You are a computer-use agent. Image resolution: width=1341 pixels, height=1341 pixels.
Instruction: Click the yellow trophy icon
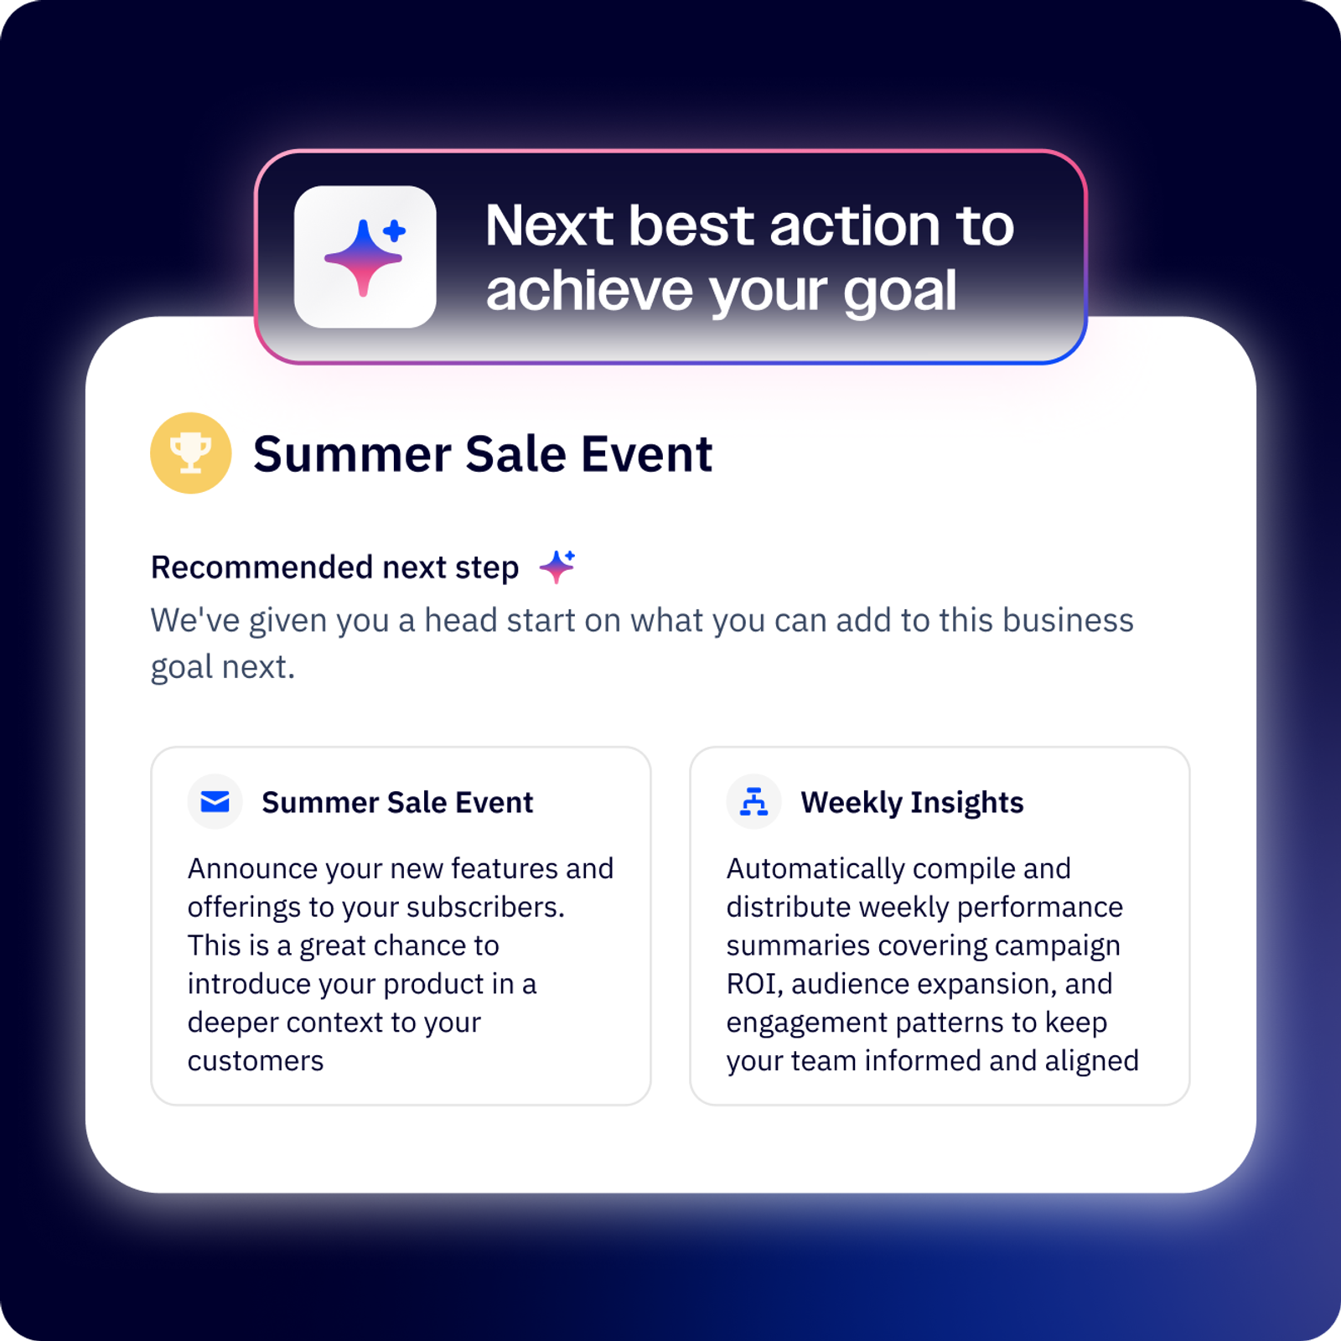(x=191, y=453)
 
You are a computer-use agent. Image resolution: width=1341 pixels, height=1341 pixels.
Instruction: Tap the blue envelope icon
(x=215, y=802)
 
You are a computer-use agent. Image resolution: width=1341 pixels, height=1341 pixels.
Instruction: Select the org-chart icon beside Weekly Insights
(x=753, y=802)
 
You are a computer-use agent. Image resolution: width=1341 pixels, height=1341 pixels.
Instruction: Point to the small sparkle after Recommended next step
(x=557, y=567)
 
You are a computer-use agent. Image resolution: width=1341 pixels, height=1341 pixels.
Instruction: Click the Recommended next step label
(x=334, y=567)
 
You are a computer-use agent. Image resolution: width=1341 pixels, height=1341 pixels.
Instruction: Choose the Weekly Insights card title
(x=912, y=802)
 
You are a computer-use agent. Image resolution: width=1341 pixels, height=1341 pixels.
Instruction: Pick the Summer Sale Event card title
(x=397, y=802)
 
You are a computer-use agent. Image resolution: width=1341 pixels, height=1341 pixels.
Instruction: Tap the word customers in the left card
(x=256, y=1061)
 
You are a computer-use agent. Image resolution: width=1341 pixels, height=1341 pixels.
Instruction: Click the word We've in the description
(x=195, y=620)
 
